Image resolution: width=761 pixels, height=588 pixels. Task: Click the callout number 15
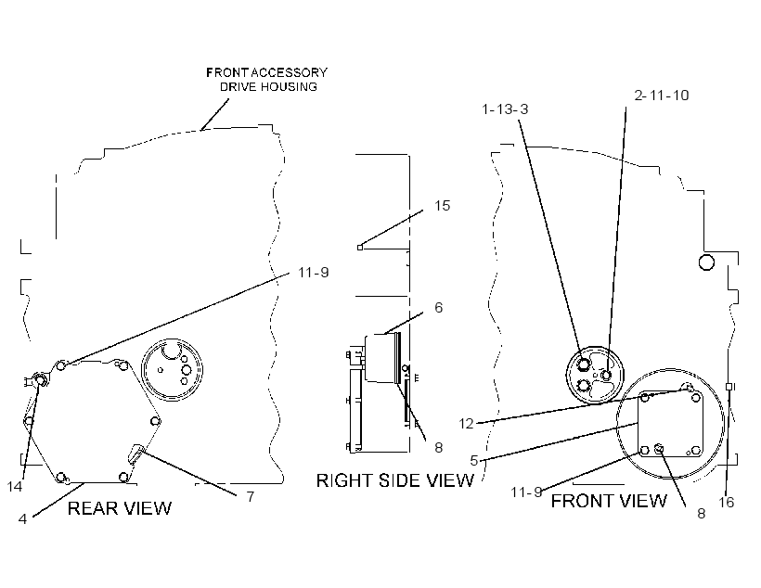442,206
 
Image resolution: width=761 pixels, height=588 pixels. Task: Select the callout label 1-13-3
505,109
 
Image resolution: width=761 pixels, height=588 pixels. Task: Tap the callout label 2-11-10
662,96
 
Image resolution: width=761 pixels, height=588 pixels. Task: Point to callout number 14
15,487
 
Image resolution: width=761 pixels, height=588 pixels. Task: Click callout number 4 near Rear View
22,519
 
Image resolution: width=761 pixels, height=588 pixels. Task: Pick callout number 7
251,497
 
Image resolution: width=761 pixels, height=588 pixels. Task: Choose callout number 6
439,308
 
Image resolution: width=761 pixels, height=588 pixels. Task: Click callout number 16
727,502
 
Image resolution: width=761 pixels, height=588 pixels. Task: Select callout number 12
466,424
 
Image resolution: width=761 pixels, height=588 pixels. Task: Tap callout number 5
474,460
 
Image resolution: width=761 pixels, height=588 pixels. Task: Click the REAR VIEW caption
120,508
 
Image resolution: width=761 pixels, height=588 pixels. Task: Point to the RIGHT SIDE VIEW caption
395,480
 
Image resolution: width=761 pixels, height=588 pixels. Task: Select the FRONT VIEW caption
609,501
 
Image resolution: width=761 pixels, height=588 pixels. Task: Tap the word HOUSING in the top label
290,87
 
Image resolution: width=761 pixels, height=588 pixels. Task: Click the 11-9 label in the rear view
314,272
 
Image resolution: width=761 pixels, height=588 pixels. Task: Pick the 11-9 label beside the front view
526,492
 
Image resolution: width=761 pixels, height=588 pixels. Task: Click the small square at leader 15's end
360,248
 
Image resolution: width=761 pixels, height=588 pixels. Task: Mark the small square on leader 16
729,386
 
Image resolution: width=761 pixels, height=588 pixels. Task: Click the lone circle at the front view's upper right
706,262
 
